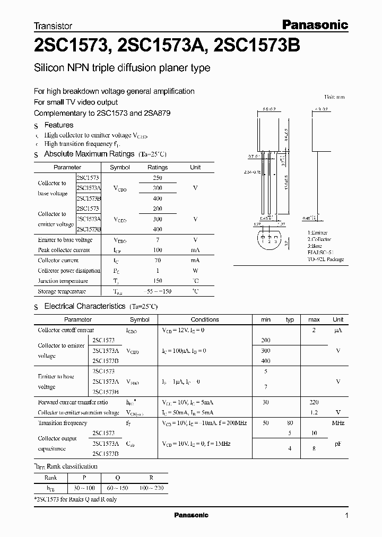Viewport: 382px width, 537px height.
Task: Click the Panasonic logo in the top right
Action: [x=314, y=24]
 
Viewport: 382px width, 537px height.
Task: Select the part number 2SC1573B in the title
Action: [x=257, y=46]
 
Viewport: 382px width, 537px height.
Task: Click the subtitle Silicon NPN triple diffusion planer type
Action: [x=122, y=68]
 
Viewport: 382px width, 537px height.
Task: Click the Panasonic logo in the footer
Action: [x=191, y=515]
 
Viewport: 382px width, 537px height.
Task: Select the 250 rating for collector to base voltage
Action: [x=157, y=178]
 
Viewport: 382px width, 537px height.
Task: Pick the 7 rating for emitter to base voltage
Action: [x=157, y=240]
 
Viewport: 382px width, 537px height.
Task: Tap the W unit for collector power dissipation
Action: [x=195, y=271]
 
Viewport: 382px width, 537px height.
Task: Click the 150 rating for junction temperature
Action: [x=157, y=281]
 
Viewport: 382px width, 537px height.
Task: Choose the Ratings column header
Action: [x=157, y=167]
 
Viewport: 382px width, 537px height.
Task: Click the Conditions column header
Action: [x=205, y=319]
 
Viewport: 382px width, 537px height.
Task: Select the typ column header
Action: [x=290, y=319]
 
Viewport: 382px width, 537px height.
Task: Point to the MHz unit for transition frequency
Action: [x=338, y=423]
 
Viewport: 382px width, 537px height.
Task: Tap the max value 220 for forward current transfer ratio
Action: [x=314, y=403]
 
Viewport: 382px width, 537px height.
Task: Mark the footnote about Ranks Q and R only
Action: [x=75, y=499]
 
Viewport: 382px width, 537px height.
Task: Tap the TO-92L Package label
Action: [x=326, y=259]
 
